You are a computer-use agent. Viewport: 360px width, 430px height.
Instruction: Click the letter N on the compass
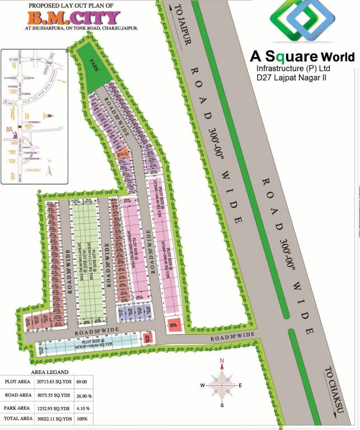(222, 361)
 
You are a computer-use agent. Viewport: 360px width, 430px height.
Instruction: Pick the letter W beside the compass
(201, 385)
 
